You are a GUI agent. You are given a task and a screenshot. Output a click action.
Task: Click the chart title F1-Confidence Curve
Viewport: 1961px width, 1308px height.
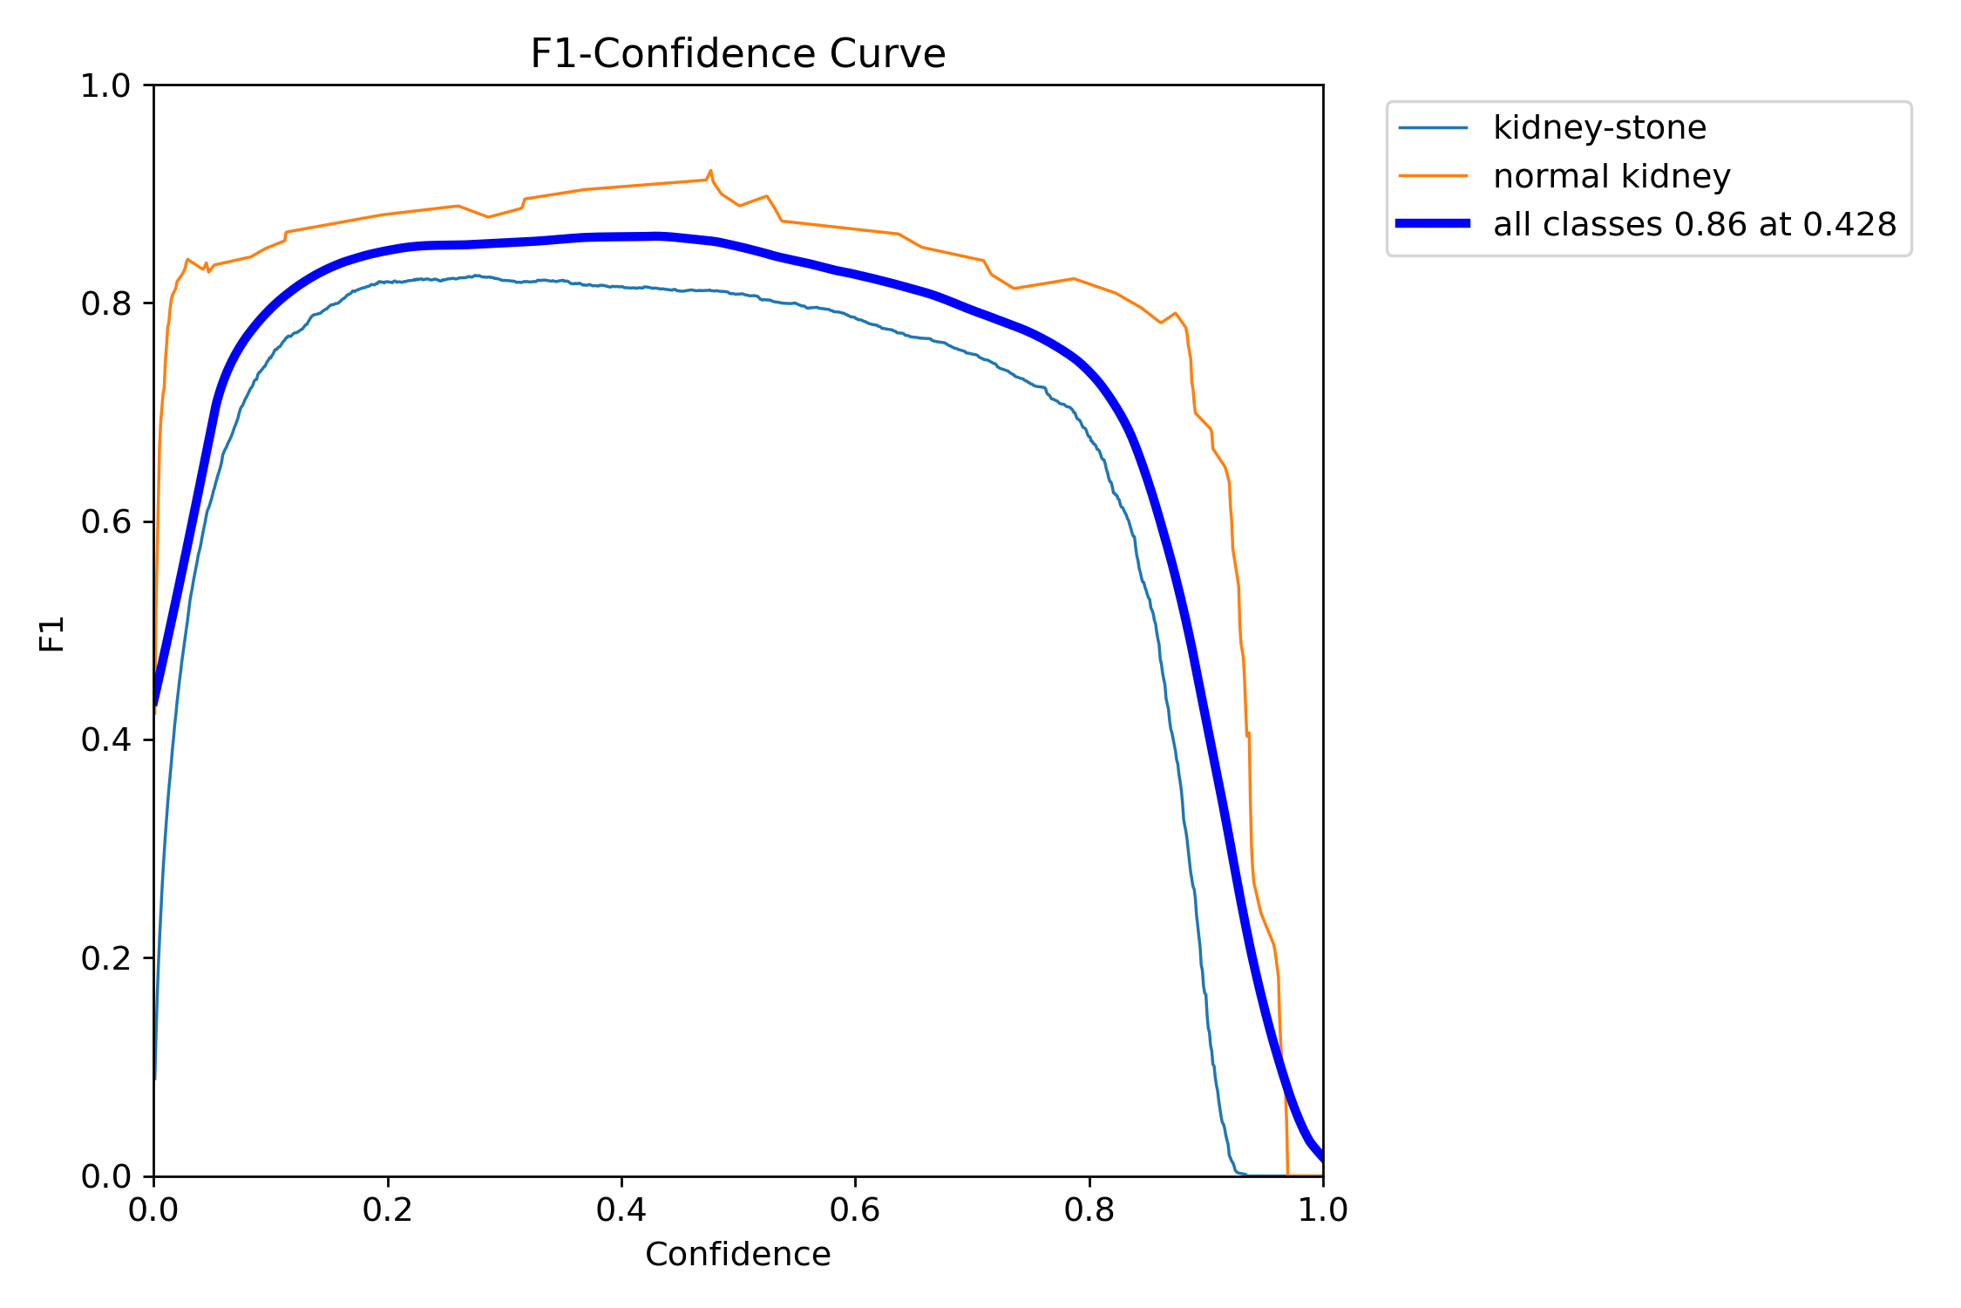pyautogui.click(x=737, y=54)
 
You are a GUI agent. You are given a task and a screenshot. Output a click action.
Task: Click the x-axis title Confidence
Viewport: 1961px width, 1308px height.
pyautogui.click(x=737, y=1255)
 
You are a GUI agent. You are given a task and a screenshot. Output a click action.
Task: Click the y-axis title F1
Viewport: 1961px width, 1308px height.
pyautogui.click(x=52, y=634)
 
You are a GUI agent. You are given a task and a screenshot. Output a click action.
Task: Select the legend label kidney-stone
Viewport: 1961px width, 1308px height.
pyautogui.click(x=1599, y=128)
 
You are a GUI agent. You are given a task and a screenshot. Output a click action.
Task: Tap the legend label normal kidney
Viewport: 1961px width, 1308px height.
pyautogui.click(x=1612, y=176)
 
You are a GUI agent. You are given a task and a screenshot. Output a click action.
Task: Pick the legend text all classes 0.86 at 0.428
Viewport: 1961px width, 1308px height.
pyautogui.click(x=1694, y=225)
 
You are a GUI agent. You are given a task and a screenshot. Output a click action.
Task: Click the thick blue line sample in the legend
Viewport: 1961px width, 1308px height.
pyautogui.click(x=1433, y=224)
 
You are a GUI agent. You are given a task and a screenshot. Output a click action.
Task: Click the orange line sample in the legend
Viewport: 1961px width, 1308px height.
pyautogui.click(x=1433, y=176)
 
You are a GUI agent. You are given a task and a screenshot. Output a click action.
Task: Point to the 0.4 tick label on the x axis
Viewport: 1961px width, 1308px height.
pyautogui.click(x=621, y=1210)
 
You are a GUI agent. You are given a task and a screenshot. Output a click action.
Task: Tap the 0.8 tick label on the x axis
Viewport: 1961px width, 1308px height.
pyautogui.click(x=1089, y=1210)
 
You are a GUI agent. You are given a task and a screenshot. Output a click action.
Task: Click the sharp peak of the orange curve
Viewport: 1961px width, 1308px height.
pyautogui.click(x=710, y=171)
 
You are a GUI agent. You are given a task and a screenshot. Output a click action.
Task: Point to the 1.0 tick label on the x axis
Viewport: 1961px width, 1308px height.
pyautogui.click(x=1323, y=1210)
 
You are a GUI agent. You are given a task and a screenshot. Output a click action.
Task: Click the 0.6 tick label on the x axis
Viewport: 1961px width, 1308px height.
pyautogui.click(x=855, y=1210)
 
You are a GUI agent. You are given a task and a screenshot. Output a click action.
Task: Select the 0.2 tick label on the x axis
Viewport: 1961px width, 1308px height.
pyautogui.click(x=388, y=1210)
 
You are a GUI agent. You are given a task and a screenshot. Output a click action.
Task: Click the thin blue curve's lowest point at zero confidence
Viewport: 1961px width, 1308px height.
pyautogui.click(x=155, y=1079)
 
